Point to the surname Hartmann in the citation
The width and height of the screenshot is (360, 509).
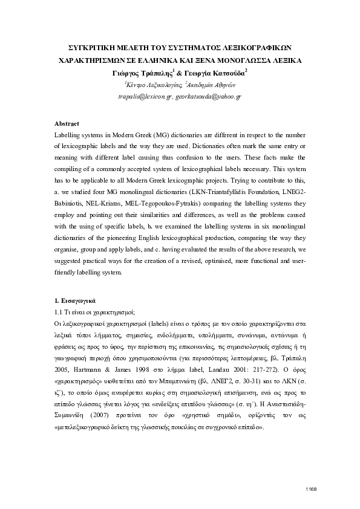[85, 358]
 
